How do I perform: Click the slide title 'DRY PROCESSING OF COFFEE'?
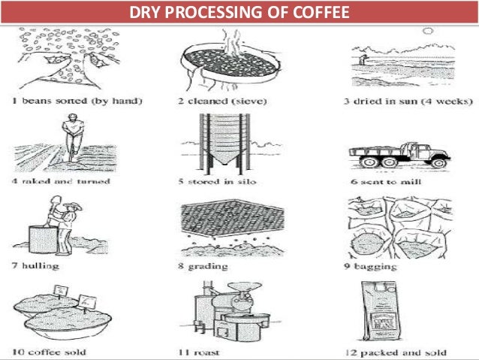(x=239, y=13)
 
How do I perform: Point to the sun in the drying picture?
(x=428, y=32)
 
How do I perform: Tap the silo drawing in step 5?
(x=224, y=144)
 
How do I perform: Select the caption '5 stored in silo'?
(x=220, y=181)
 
